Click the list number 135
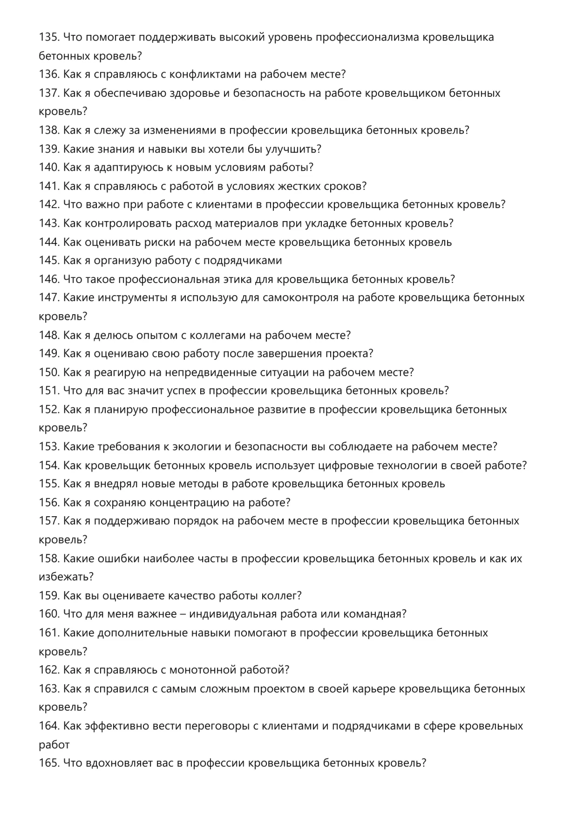click(49, 37)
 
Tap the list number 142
click(49, 205)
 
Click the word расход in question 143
click(193, 223)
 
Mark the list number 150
click(49, 372)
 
